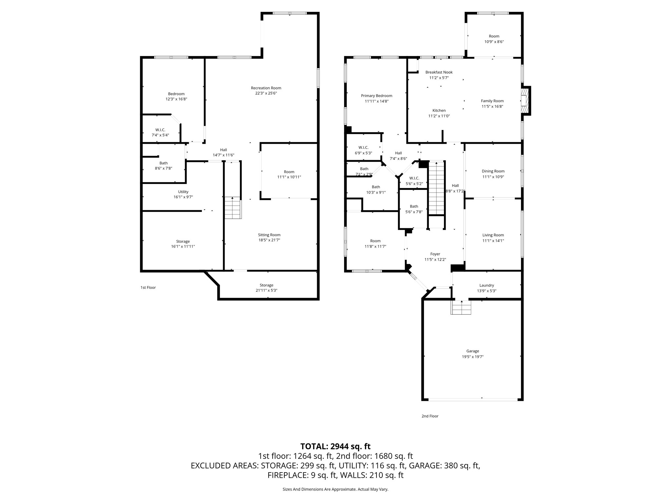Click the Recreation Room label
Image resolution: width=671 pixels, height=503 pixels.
266,88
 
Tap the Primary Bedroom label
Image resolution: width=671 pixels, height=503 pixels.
376,96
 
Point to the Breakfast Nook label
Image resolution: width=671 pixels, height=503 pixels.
439,72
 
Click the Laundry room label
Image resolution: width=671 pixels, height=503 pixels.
487,285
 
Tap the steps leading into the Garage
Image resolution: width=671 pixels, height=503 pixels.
461,307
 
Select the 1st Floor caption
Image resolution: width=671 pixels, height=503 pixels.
148,288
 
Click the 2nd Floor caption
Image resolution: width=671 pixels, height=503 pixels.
430,416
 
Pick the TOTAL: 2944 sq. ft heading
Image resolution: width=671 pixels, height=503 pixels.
335,446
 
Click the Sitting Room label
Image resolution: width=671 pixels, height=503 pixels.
269,235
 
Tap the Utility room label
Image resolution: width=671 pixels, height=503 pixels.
183,192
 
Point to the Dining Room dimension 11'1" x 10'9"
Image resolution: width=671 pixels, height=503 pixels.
493,177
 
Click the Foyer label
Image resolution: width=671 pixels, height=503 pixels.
435,254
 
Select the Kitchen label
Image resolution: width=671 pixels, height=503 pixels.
439,110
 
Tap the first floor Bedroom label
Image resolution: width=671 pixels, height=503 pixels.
176,94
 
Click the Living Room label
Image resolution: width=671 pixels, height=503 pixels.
493,235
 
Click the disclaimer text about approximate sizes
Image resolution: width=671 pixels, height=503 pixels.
335,489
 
